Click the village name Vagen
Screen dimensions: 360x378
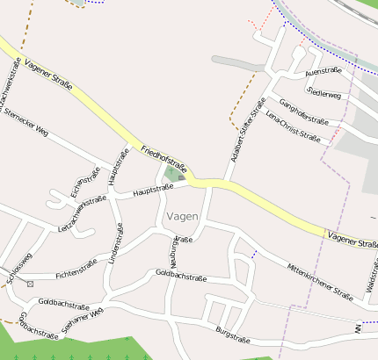(x=181, y=216)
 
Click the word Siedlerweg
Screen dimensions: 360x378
(x=324, y=93)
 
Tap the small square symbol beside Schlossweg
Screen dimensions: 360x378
(x=30, y=284)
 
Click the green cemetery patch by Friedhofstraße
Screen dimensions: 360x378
(x=172, y=173)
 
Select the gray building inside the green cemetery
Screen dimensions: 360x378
(x=181, y=177)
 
